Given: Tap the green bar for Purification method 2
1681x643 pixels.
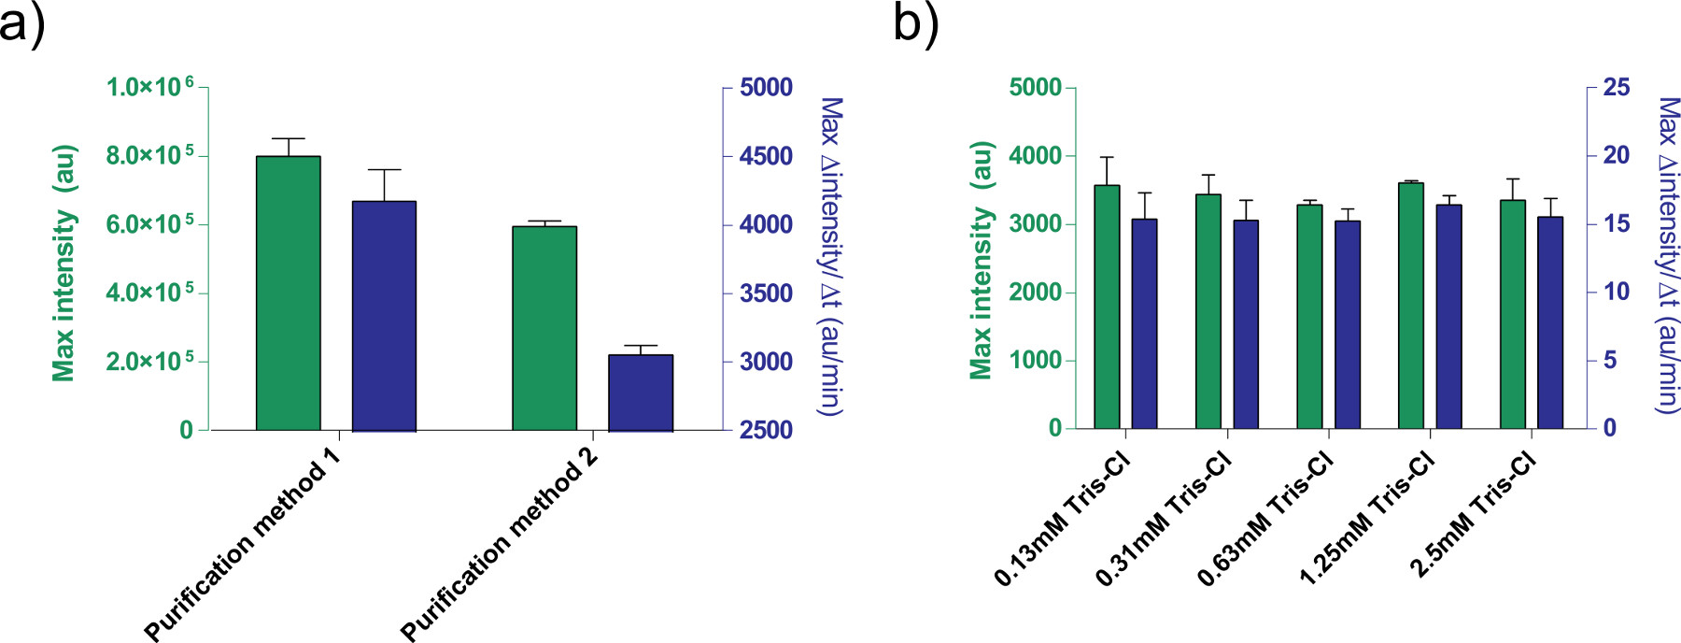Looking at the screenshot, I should [x=544, y=328].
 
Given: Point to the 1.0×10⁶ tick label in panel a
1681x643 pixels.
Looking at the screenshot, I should [x=149, y=87].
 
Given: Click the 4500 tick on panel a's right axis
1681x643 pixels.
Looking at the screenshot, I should [x=766, y=156].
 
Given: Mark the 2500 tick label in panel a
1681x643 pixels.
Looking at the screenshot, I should [x=766, y=430].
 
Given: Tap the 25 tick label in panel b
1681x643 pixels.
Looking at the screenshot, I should [x=1616, y=87].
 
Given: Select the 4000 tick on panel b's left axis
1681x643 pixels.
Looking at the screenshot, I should [x=1035, y=155].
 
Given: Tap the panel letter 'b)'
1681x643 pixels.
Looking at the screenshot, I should [x=915, y=22].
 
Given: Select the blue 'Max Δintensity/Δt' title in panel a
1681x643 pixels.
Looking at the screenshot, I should [x=829, y=256].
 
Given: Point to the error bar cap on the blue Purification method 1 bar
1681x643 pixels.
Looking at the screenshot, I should [x=384, y=170].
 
